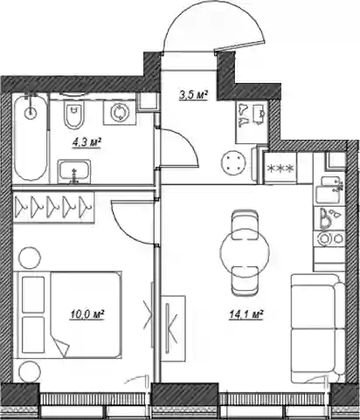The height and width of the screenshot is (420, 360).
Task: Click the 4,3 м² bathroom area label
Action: tap(87, 143)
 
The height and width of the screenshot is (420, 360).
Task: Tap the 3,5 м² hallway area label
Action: tap(194, 95)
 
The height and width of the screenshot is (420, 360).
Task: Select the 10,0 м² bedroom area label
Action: tap(87, 314)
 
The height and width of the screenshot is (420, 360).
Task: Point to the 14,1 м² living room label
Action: tap(246, 314)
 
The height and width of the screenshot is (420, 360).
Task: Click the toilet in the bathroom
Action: tap(74, 114)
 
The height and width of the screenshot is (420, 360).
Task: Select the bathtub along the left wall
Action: tap(31, 138)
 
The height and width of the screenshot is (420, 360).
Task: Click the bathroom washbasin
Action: tap(74, 171)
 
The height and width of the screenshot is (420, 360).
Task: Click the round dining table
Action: tap(245, 252)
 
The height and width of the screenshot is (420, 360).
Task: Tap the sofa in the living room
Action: tap(318, 328)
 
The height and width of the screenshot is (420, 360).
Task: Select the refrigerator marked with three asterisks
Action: tap(280, 169)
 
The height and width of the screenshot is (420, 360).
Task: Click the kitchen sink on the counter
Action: tap(329, 190)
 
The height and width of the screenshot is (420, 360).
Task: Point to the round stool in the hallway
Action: tap(233, 164)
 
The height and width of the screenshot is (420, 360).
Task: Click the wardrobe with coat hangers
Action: tap(54, 208)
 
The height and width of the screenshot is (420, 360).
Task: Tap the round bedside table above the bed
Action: tap(30, 258)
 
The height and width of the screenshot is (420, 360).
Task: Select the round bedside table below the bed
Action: tap(30, 371)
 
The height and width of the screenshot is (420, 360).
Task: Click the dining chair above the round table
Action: tap(245, 225)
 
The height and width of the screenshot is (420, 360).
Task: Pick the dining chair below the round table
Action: tap(245, 280)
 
